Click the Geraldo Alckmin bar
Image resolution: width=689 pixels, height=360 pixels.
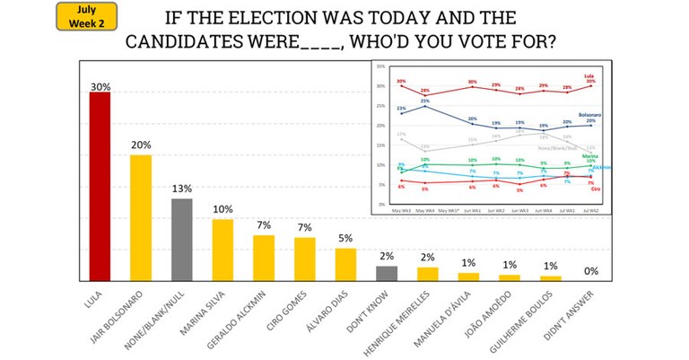(x=264, y=258)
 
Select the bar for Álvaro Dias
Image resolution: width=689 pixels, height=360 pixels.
(x=345, y=264)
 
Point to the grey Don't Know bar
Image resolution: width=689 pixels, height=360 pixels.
(x=387, y=273)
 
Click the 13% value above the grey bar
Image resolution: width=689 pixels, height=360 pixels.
(x=182, y=189)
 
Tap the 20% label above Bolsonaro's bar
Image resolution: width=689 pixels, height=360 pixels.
(x=141, y=145)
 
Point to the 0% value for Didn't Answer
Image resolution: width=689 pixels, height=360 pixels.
(x=591, y=270)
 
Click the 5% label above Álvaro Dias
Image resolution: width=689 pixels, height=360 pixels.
(x=345, y=239)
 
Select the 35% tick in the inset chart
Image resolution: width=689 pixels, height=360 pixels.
(x=382, y=66)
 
